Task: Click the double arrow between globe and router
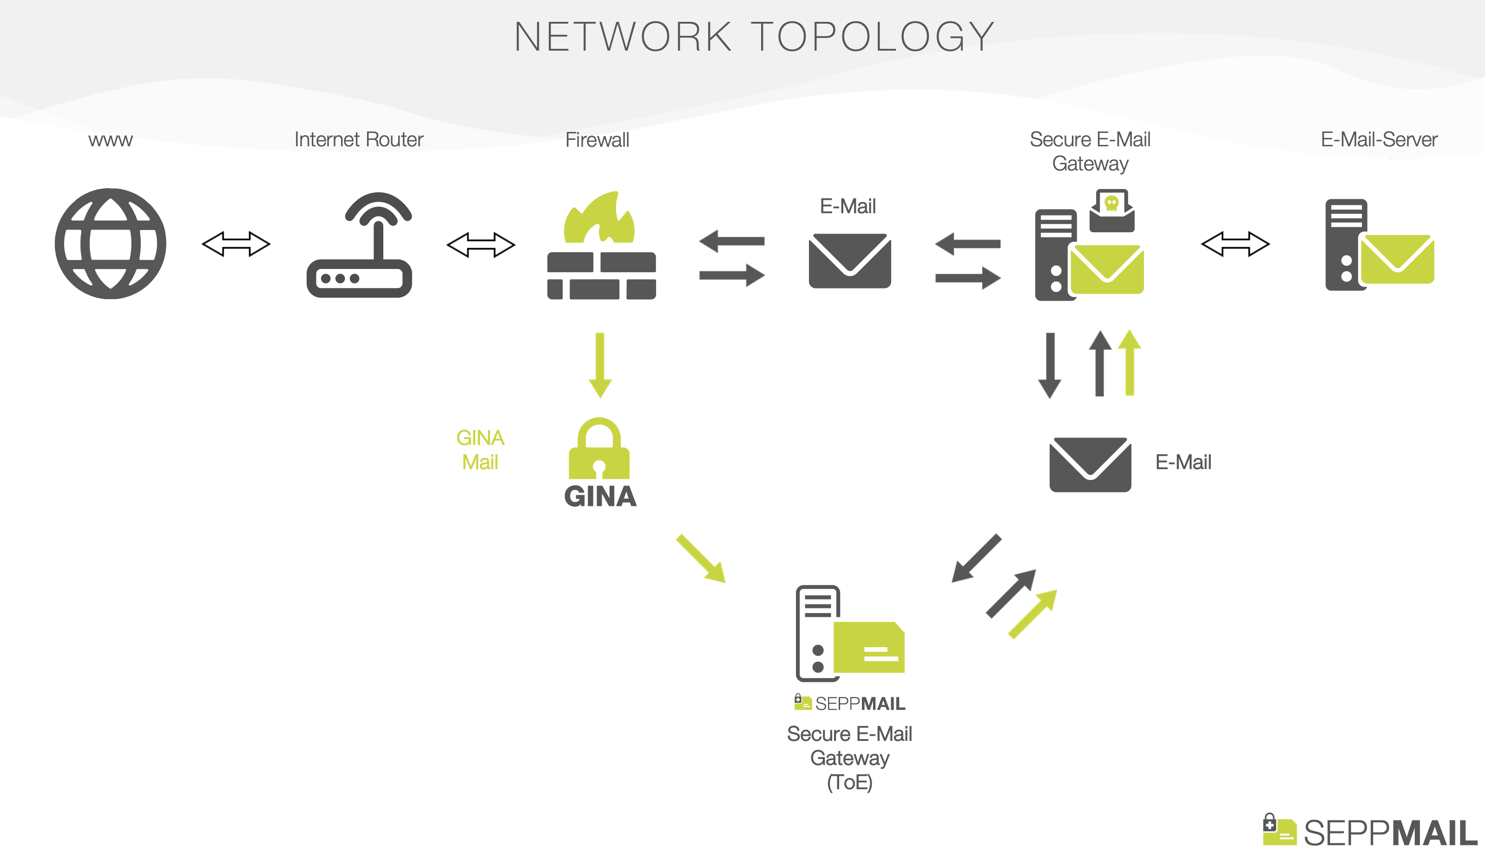(x=236, y=244)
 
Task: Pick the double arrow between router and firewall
(x=480, y=244)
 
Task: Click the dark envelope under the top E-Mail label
(x=849, y=261)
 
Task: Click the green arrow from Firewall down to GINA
(x=600, y=365)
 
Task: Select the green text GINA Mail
(x=480, y=450)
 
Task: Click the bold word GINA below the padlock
(x=600, y=496)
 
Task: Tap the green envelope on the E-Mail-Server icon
(x=1397, y=259)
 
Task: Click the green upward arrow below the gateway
(x=1130, y=362)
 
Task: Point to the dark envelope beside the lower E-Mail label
(x=1091, y=465)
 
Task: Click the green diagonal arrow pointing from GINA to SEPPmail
(x=701, y=558)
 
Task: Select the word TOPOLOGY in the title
(x=873, y=37)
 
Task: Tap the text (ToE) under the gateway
(x=849, y=782)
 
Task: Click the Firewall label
(x=597, y=140)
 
